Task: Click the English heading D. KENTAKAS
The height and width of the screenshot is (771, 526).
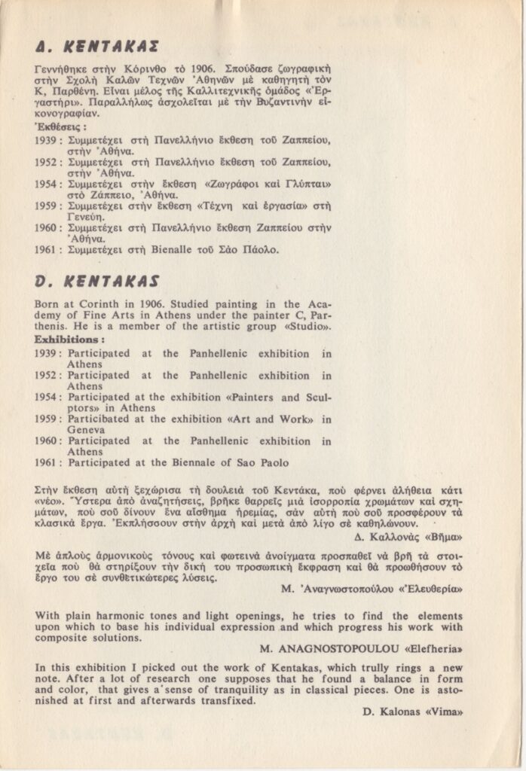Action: (x=97, y=282)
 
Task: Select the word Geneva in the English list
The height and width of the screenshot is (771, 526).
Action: (x=86, y=430)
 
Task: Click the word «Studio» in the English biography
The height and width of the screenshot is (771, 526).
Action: (x=310, y=326)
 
